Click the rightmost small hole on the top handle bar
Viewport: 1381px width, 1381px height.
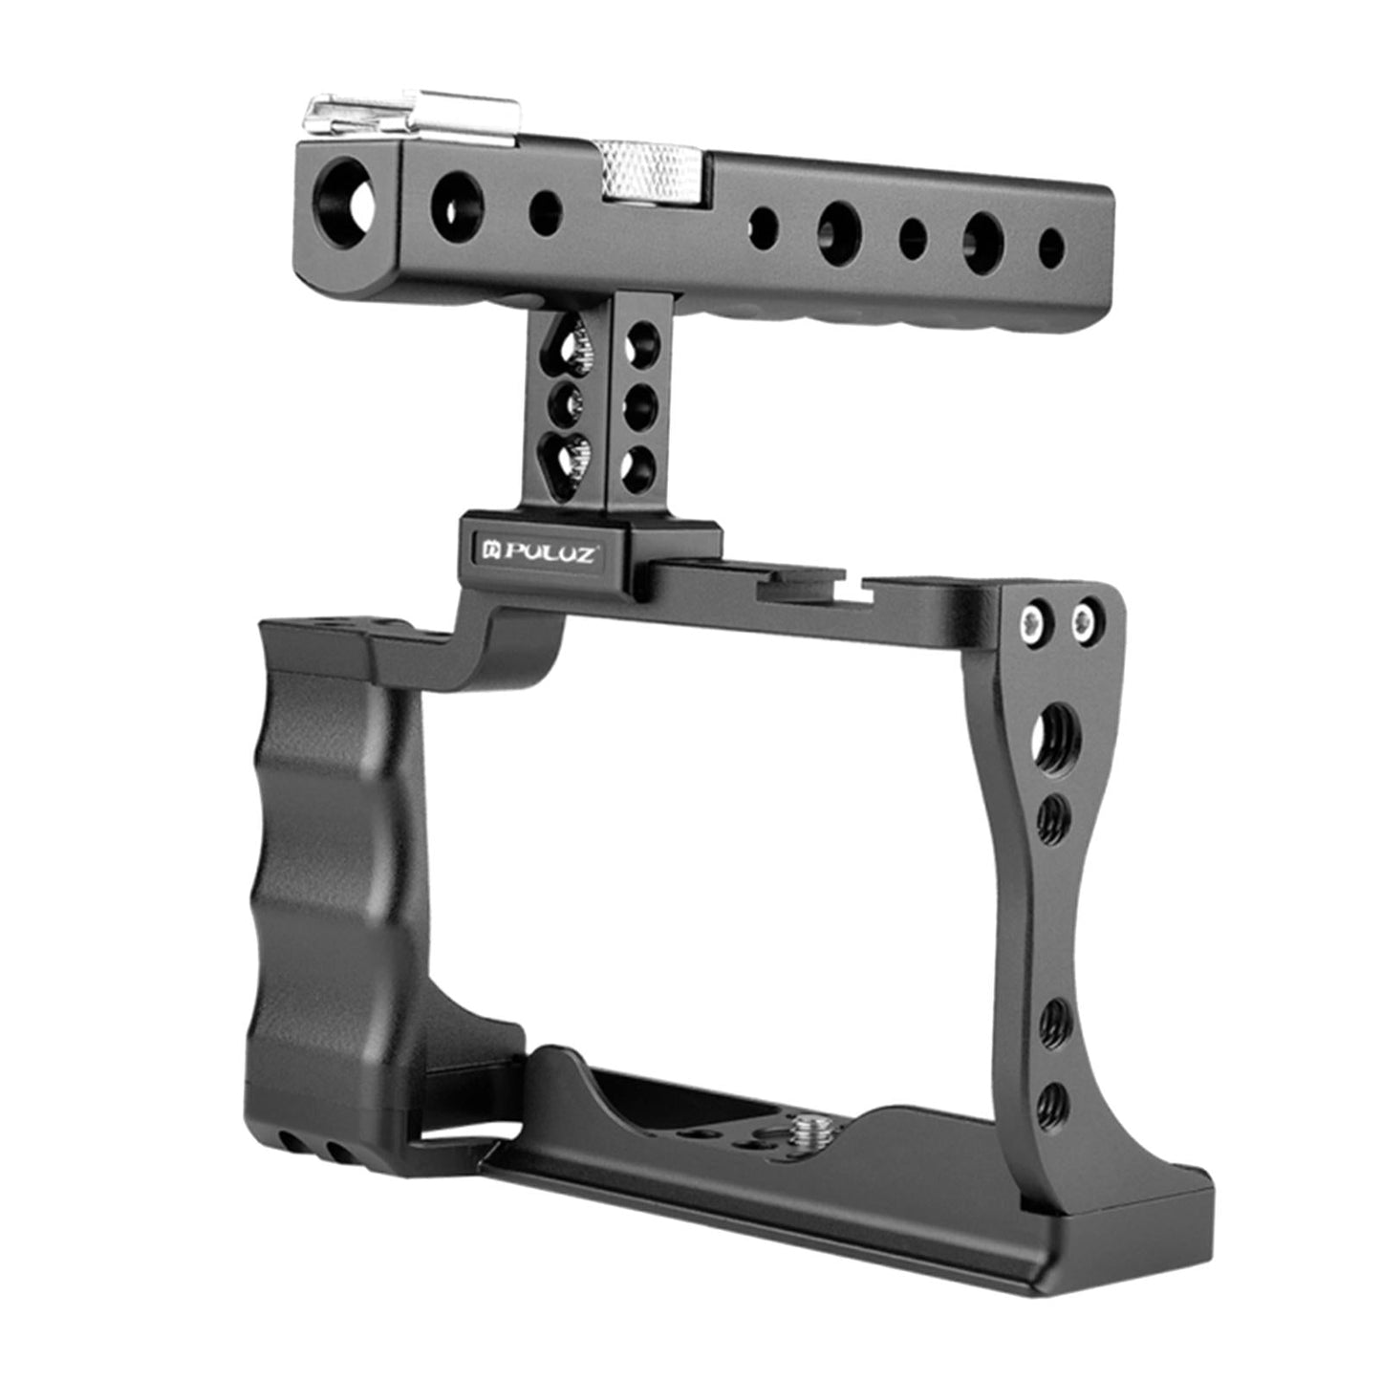(1051, 246)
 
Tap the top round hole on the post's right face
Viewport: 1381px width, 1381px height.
(640, 341)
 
